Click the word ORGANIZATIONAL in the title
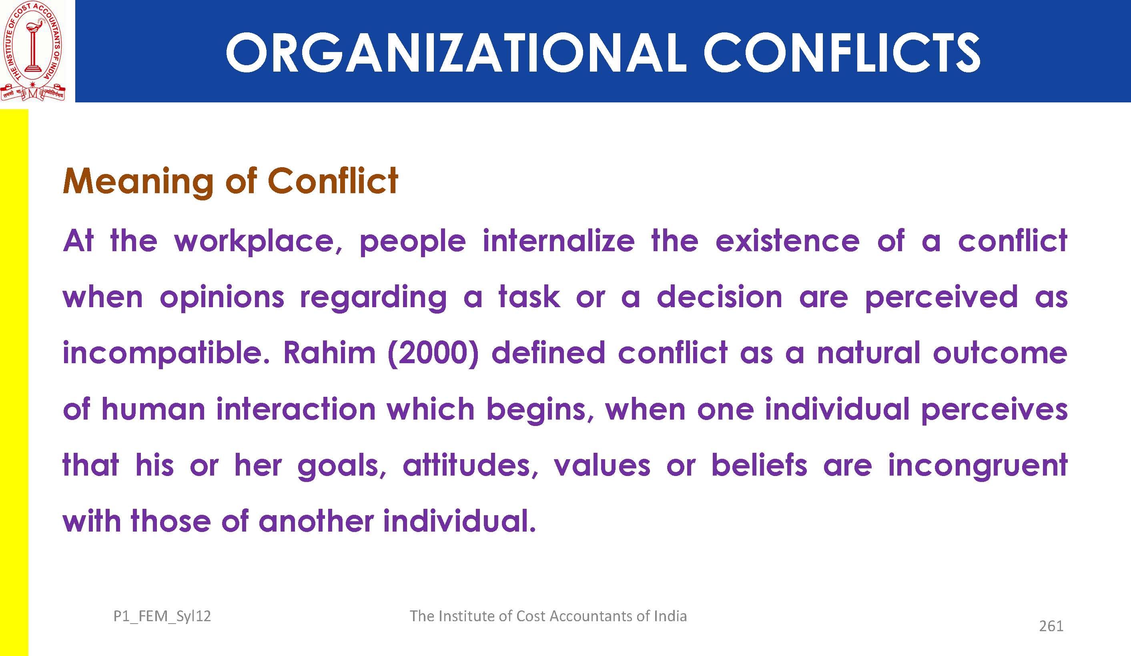click(x=456, y=52)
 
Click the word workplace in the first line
click(x=259, y=243)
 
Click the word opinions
click(x=222, y=298)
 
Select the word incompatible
click(x=166, y=354)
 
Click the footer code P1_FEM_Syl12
click(x=162, y=616)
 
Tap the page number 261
click(x=1051, y=626)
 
